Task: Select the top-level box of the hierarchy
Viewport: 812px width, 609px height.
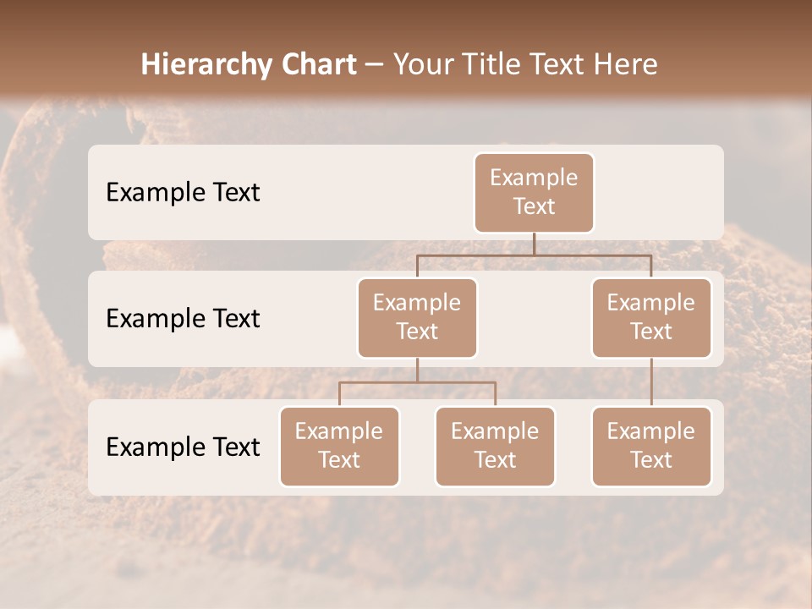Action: (534, 193)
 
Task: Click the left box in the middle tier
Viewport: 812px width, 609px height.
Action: (417, 318)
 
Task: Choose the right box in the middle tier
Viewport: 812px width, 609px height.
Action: (651, 318)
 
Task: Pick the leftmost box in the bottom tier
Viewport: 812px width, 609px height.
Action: (339, 447)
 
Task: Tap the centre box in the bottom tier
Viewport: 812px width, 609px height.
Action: (495, 447)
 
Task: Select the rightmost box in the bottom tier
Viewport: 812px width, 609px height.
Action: (651, 447)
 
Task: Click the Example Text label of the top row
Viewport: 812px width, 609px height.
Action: (183, 193)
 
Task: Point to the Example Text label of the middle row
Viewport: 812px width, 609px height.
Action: (183, 319)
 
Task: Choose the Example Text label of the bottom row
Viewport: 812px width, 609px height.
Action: (183, 447)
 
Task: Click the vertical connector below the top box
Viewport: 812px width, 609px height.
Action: (534, 244)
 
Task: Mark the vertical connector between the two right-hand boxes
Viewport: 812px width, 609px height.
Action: (651, 382)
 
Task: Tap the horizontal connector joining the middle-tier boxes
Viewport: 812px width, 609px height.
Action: (534, 255)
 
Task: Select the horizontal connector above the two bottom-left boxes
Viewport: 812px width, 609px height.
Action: (417, 382)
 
